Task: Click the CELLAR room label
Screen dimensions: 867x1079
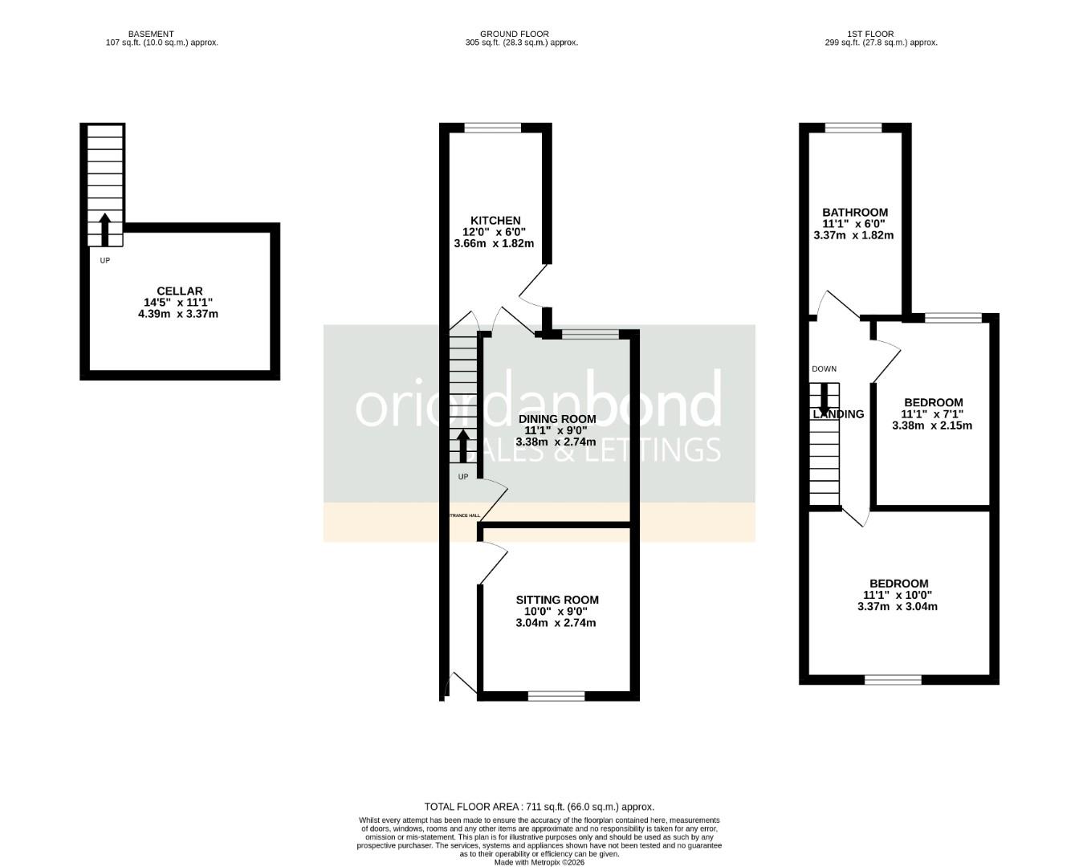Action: point(179,291)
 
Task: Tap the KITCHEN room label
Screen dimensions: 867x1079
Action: point(495,221)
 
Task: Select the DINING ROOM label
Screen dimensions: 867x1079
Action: point(556,419)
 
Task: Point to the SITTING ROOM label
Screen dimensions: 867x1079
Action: point(556,600)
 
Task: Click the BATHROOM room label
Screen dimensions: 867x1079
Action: point(854,213)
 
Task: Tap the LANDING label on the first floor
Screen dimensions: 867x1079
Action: point(838,414)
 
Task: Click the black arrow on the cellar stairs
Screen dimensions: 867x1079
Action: point(104,230)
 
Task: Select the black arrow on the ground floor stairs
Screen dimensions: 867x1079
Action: point(463,446)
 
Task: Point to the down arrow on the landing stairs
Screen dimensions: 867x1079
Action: point(824,399)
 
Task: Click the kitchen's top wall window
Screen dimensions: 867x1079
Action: point(493,128)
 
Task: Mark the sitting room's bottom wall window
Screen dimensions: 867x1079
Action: point(556,696)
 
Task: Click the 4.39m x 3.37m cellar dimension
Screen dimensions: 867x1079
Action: point(178,314)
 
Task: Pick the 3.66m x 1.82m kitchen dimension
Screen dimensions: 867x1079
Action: point(494,243)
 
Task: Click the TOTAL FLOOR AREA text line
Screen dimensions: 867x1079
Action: point(539,807)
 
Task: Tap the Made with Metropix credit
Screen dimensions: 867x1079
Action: point(539,862)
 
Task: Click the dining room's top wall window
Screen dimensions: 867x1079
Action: point(591,334)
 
